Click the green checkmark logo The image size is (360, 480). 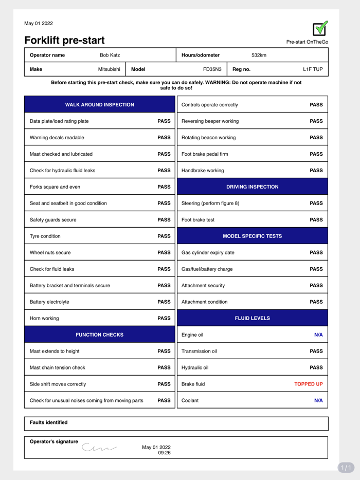pyautogui.click(x=320, y=29)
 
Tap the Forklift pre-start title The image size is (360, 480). pyautogui.click(x=64, y=40)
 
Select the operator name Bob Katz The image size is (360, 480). pyautogui.click(x=110, y=55)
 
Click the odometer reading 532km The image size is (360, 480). pyautogui.click(x=259, y=55)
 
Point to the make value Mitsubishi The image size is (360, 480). pyautogui.click(x=109, y=69)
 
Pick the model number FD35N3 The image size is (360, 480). pyautogui.click(x=212, y=69)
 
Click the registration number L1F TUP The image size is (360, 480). pyautogui.click(x=313, y=69)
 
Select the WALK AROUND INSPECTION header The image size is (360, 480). pyautogui.click(x=99, y=105)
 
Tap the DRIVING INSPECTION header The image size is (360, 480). pyautogui.click(x=252, y=187)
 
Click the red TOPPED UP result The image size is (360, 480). pyautogui.click(x=309, y=384)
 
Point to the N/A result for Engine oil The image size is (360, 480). pyautogui.click(x=318, y=335)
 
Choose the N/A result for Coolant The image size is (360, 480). pyautogui.click(x=318, y=400)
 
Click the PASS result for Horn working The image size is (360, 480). pyautogui.click(x=164, y=319)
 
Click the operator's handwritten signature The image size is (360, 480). pyautogui.click(x=99, y=448)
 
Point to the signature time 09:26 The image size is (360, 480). pyautogui.click(x=164, y=453)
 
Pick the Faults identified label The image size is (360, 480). pyautogui.click(x=48, y=422)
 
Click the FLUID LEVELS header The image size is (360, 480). pyautogui.click(x=252, y=319)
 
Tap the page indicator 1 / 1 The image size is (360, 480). pyautogui.click(x=346, y=468)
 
